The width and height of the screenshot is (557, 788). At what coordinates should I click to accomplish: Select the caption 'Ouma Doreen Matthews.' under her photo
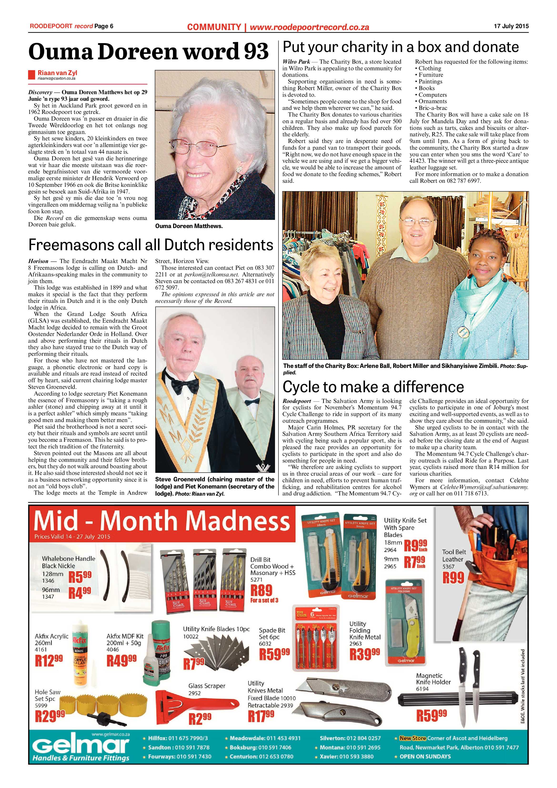click(x=189, y=226)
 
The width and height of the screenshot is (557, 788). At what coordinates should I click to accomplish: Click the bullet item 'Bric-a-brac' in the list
click(x=432, y=108)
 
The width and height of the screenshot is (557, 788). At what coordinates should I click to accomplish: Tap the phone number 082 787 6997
click(x=464, y=181)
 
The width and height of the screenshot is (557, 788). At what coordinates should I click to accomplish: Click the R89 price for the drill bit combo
click(x=261, y=590)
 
